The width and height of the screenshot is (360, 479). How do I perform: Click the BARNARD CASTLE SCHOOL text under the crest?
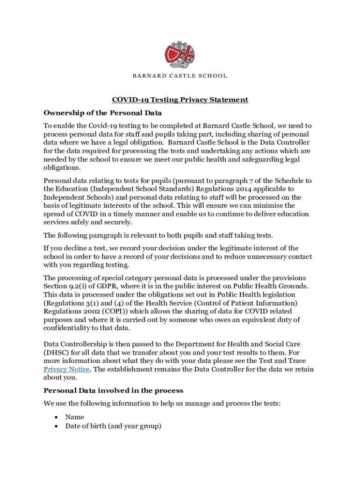(x=180, y=75)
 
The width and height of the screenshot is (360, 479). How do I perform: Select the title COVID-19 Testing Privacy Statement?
(x=180, y=100)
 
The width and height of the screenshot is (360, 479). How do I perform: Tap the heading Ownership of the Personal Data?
(x=102, y=113)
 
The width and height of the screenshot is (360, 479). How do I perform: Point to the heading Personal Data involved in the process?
(x=113, y=391)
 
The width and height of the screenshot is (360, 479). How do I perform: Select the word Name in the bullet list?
(x=75, y=417)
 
